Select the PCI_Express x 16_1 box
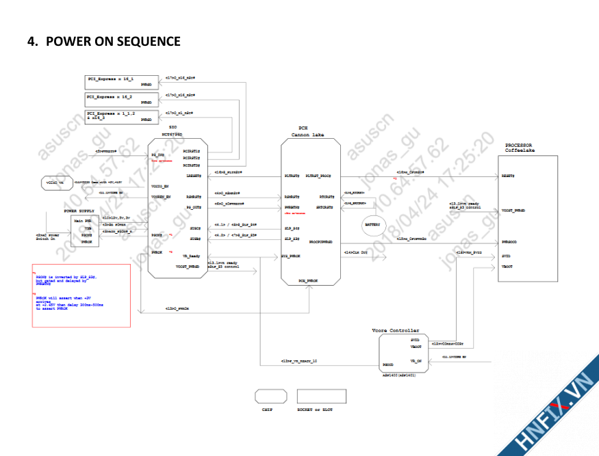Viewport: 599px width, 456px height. (x=120, y=81)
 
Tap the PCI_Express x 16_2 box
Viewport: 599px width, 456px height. (x=120, y=98)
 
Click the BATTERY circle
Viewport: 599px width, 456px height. (x=372, y=224)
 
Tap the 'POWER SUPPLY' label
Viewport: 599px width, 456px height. (x=80, y=211)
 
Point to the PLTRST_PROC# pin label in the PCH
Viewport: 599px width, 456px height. (x=318, y=176)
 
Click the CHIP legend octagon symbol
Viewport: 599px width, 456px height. (x=270, y=396)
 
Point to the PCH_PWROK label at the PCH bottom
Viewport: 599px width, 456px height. (x=307, y=281)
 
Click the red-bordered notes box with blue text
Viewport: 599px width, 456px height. (x=81, y=295)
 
